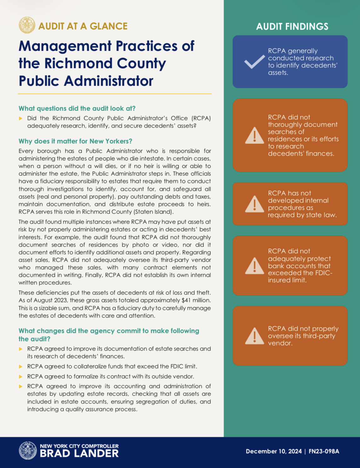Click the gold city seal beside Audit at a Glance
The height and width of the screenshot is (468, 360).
pyautogui.click(x=27, y=25)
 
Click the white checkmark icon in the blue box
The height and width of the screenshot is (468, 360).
pyautogui.click(x=254, y=62)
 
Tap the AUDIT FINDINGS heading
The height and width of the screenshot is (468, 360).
pyautogui.click(x=292, y=26)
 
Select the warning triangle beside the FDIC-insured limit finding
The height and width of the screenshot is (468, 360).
pyautogui.click(x=254, y=266)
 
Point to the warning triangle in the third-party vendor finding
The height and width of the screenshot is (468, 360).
pyautogui.click(x=254, y=336)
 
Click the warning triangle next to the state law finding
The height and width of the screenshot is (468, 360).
pyautogui.click(x=254, y=204)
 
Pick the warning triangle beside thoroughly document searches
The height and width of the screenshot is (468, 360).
pyautogui.click(x=254, y=135)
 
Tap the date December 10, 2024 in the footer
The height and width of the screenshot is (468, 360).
pyautogui.click(x=273, y=451)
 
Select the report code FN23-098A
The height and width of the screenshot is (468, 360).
pyautogui.click(x=324, y=451)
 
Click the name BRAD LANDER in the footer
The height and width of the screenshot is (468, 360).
pyautogui.click(x=79, y=453)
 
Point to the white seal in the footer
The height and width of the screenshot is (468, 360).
pyautogui.click(x=28, y=450)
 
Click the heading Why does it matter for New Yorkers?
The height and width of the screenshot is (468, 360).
pyautogui.click(x=75, y=141)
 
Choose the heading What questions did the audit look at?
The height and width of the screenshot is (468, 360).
pyautogui.click(x=77, y=108)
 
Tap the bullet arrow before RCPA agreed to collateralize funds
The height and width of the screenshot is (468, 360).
pyautogui.click(x=21, y=367)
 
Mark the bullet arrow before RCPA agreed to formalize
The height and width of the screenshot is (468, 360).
pyautogui.click(x=21, y=377)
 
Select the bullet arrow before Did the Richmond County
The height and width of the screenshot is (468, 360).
pyautogui.click(x=21, y=118)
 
